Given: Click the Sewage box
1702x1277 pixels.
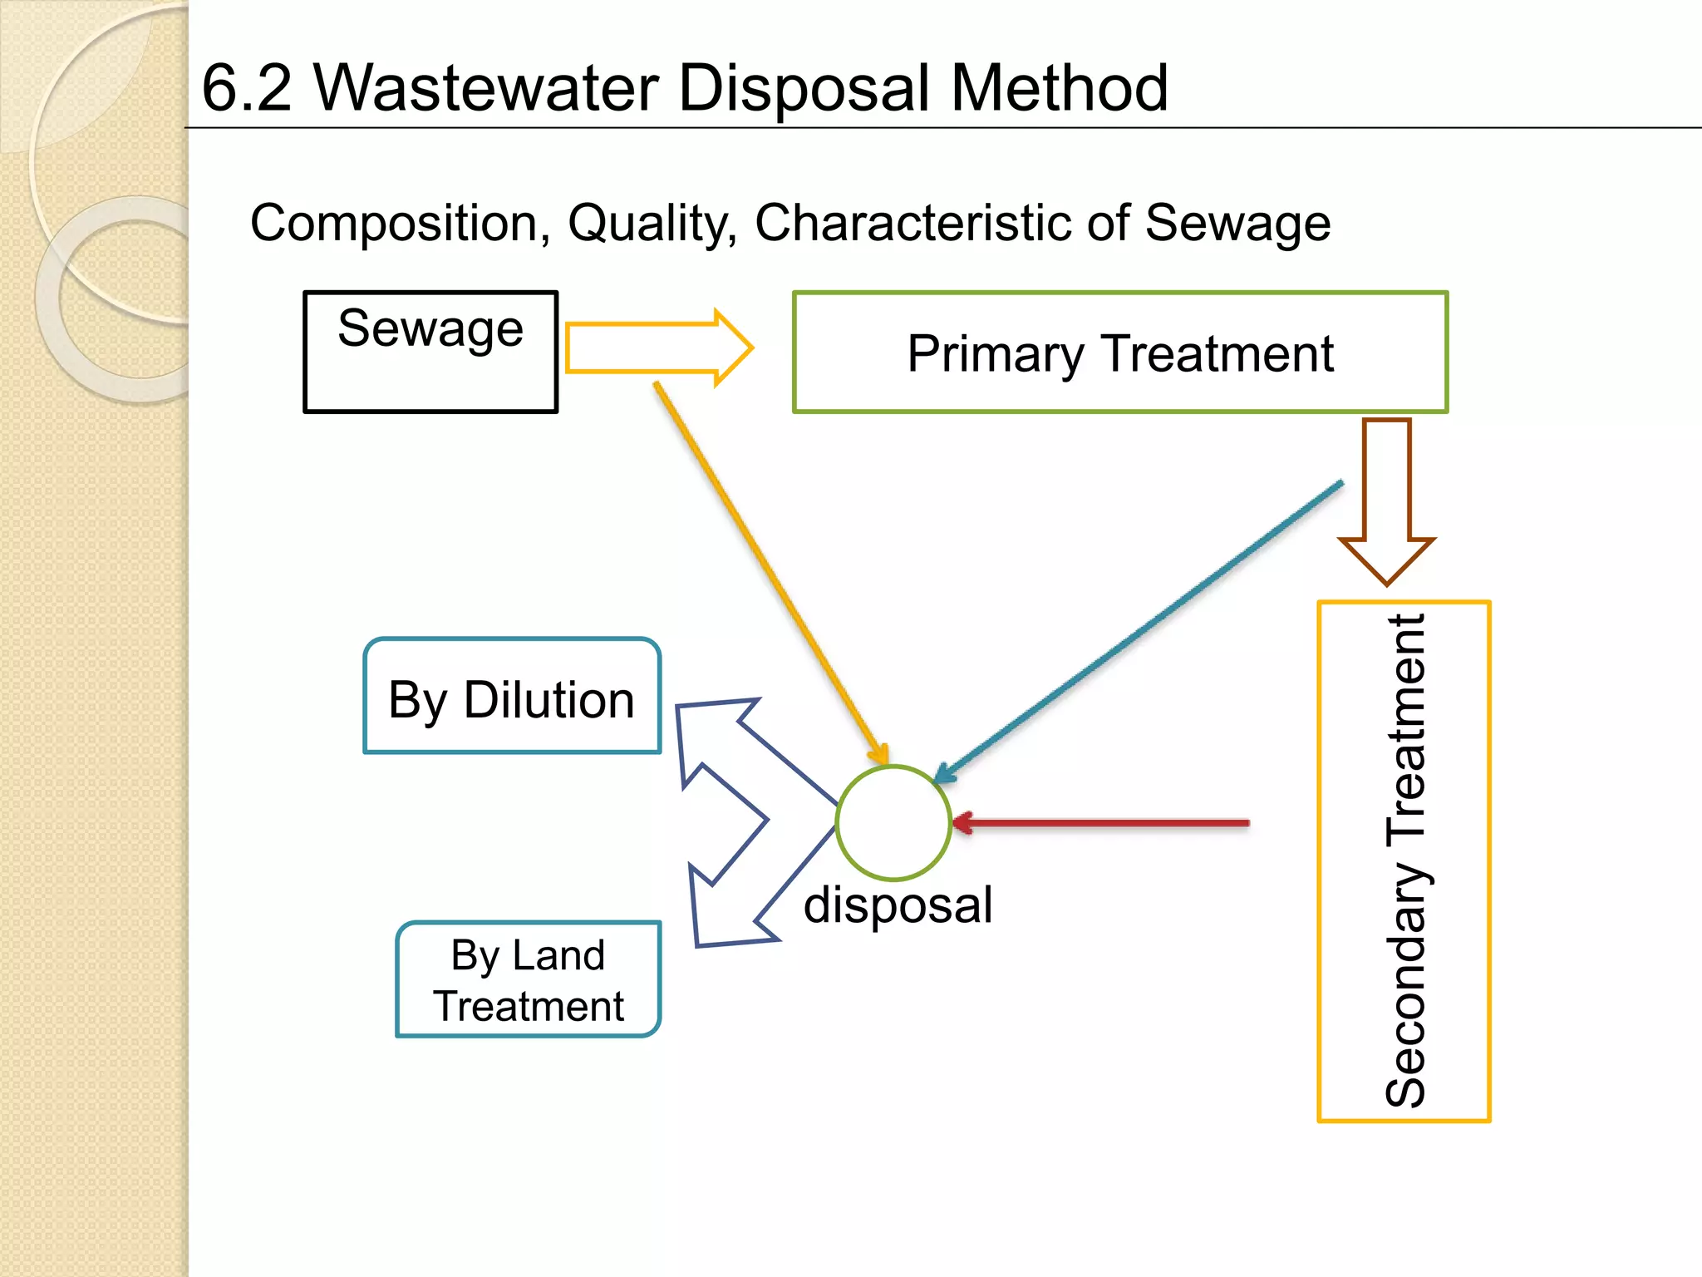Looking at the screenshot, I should pos(430,352).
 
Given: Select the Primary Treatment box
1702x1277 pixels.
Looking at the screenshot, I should pos(1119,353).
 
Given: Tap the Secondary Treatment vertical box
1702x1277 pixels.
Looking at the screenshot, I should pos(1404,861).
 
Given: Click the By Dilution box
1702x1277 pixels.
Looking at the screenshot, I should pos(512,697).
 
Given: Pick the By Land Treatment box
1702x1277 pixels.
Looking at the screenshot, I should pos(529,979).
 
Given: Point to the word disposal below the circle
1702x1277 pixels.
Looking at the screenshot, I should pos(898,905).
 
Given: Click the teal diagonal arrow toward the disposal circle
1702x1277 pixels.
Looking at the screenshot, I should pos(1139,632).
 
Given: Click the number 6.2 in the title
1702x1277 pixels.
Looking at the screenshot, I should pos(247,88).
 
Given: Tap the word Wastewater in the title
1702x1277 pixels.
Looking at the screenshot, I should pos(486,88).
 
